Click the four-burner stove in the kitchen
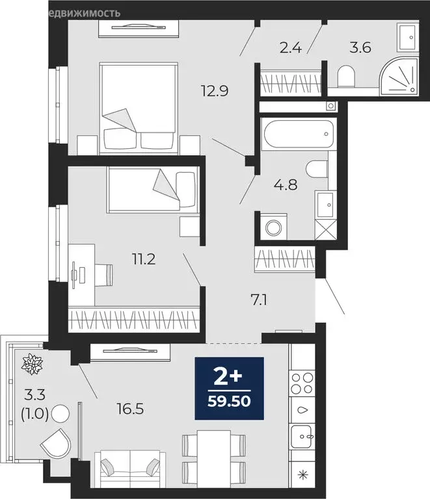(x=302, y=384)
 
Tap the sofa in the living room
(x=129, y=468)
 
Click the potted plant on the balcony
(x=31, y=364)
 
